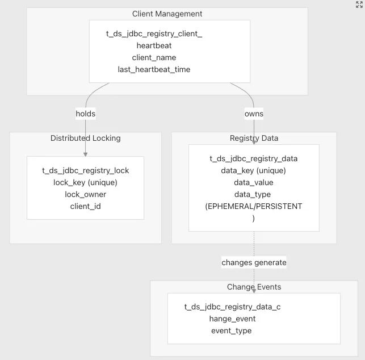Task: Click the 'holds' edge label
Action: click(85, 114)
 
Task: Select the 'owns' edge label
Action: click(254, 114)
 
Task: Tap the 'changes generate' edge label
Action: click(254, 262)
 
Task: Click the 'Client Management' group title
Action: click(167, 14)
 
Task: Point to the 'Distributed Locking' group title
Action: click(85, 138)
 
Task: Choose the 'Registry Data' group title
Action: click(254, 138)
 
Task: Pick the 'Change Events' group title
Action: click(254, 287)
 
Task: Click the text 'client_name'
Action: click(154, 57)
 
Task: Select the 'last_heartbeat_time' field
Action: click(154, 69)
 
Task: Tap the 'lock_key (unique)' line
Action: click(85, 182)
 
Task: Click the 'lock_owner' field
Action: click(85, 194)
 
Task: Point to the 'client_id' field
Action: click(85, 206)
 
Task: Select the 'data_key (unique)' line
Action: click(254, 170)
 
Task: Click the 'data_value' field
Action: click(254, 182)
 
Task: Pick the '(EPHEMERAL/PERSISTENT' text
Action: click(254, 206)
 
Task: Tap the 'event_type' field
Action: click(232, 330)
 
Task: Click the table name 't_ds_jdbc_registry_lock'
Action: click(85, 170)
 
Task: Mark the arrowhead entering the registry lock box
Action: click(85, 154)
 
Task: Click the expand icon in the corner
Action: click(359, 5)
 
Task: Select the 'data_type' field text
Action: click(253, 194)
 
